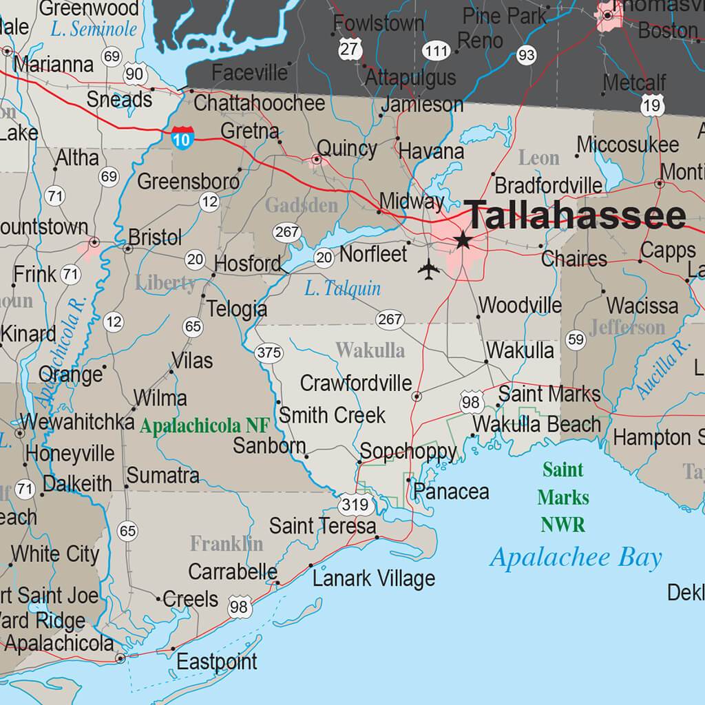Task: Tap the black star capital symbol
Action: [x=463, y=240]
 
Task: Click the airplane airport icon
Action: [x=428, y=269]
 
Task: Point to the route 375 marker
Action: [x=269, y=353]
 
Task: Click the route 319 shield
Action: [x=355, y=505]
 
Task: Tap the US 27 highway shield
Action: [x=350, y=49]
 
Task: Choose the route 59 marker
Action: [x=576, y=339]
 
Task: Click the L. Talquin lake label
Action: [x=342, y=289]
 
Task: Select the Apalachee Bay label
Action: [x=576, y=558]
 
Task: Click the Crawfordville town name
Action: [x=356, y=383]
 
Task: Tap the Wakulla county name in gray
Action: [x=370, y=350]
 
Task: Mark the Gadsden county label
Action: [x=301, y=205]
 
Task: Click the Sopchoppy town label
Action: [x=408, y=452]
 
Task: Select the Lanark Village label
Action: [x=374, y=579]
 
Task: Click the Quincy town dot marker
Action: [x=317, y=160]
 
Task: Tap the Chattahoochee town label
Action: [x=259, y=103]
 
